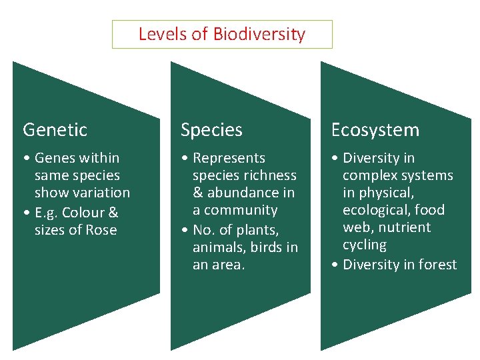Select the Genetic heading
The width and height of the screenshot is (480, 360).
tap(55, 129)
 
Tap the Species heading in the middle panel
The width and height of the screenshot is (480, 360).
tap(211, 129)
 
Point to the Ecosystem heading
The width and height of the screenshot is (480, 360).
tap(375, 129)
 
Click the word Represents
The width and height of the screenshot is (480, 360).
tap(229, 158)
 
